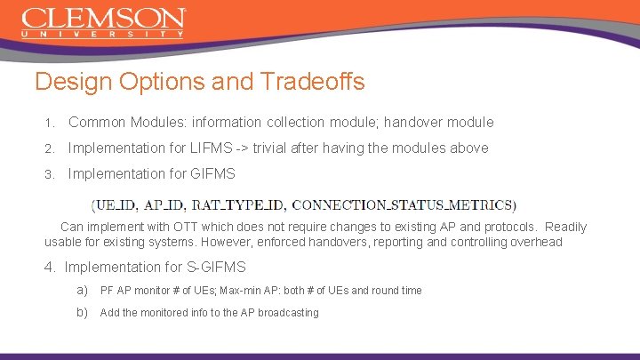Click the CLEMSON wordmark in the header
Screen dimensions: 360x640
pos(103,18)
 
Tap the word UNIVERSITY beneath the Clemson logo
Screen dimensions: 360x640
pos(103,35)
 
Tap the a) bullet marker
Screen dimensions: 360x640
pos(82,290)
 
